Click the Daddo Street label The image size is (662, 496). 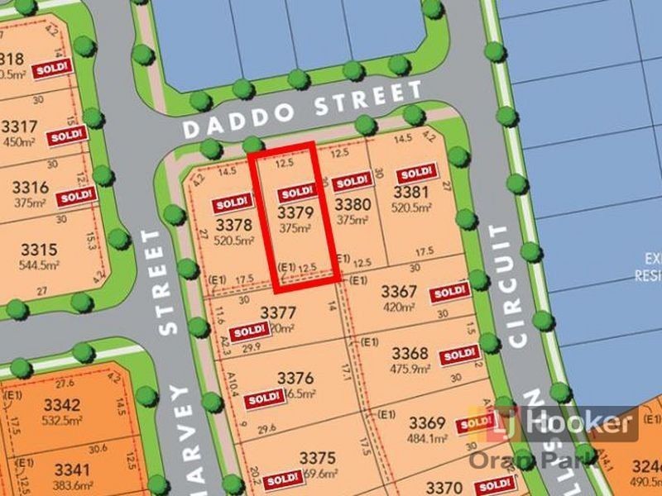pos(302,113)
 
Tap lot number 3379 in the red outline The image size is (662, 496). pos(295,212)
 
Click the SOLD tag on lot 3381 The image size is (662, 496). pos(415,174)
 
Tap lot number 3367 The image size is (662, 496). pos(398,293)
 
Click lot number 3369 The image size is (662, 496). pos(427,421)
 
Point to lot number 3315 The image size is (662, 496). pos(39,250)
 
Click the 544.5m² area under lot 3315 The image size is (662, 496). pos(39,265)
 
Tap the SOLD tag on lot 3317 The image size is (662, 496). pos(66,135)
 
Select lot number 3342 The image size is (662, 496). pos(62,405)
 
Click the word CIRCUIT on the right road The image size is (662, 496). pos(514,283)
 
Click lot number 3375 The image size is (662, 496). pos(317,458)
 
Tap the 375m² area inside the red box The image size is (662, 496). pos(295,227)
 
